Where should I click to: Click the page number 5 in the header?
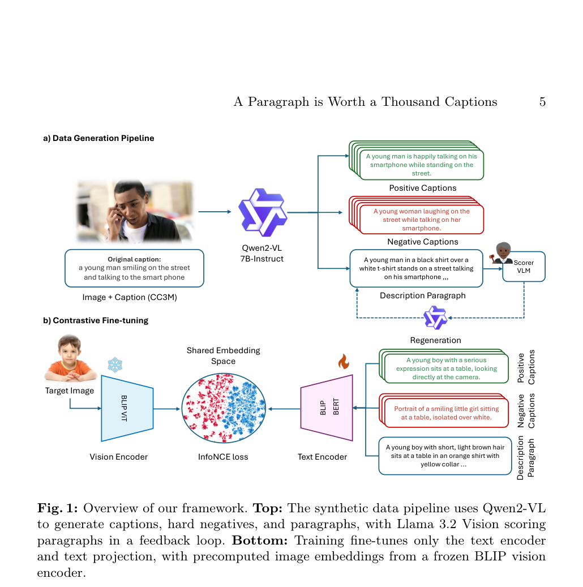click(542, 102)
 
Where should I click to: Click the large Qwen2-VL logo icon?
click(263, 212)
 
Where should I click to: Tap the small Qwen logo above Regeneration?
click(435, 318)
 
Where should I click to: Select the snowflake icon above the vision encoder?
click(115, 365)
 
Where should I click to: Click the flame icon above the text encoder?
click(344, 362)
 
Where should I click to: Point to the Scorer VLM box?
click(524, 267)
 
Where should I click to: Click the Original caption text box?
click(134, 268)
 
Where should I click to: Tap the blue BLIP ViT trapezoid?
click(127, 409)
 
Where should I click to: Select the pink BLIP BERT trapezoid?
click(327, 408)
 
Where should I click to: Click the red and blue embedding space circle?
click(224, 408)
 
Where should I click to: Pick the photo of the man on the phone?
click(135, 212)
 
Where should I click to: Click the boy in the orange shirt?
click(70, 358)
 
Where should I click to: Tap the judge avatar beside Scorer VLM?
click(501, 254)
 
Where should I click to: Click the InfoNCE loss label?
click(223, 457)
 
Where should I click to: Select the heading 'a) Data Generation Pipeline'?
click(98, 138)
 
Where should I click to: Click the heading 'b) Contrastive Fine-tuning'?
click(96, 320)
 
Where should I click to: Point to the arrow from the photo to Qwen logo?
click(215, 212)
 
